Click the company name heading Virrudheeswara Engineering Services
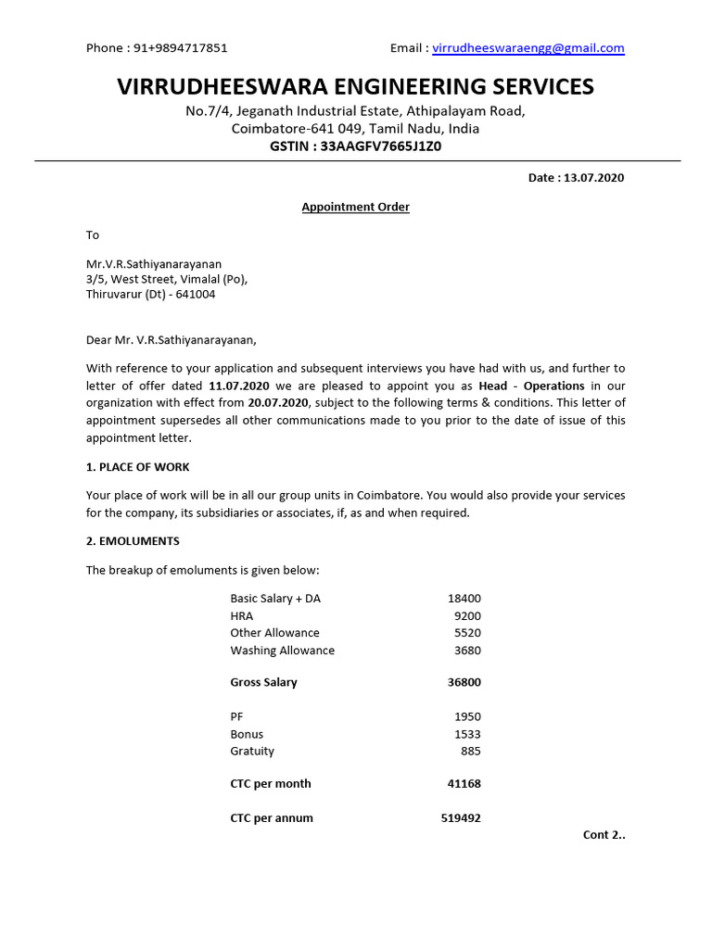point(356,87)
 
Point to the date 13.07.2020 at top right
point(593,178)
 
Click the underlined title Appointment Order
point(356,207)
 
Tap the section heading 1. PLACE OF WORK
point(138,467)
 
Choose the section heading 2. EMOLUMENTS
point(133,540)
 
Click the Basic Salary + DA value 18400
point(464,599)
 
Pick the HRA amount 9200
point(467,615)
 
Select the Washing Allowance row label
point(283,651)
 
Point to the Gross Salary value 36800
point(464,683)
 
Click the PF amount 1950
point(467,716)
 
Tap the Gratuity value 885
point(470,751)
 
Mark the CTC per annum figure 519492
point(461,818)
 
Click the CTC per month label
point(271,784)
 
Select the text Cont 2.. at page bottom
point(604,835)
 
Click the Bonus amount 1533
point(467,734)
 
